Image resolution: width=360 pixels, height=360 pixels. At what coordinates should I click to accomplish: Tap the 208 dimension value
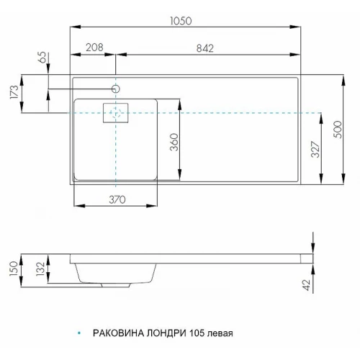point(94,48)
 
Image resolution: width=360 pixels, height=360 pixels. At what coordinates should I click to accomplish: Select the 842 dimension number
point(210,48)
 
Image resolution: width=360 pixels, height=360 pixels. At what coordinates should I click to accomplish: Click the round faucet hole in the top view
point(116,89)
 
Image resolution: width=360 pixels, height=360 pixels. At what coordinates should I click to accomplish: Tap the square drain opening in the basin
point(115,113)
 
